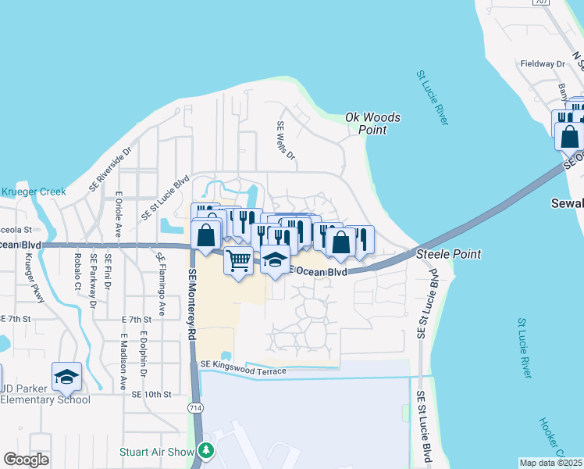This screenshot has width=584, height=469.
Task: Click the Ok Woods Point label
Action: click(373, 124)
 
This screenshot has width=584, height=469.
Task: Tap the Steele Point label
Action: click(448, 254)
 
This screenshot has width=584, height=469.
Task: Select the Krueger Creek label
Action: click(33, 192)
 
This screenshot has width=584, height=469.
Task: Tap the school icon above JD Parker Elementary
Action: click(67, 377)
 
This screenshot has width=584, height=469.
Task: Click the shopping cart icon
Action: click(239, 260)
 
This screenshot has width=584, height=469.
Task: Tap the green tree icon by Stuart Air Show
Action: click(206, 450)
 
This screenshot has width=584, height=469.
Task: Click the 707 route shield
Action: click(541, 2)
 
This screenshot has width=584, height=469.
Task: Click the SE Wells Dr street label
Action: click(286, 141)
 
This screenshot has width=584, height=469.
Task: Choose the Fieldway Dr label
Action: click(542, 63)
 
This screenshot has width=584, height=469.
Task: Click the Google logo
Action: click(27, 460)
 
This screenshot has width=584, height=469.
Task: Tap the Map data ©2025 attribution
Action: click(550, 463)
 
